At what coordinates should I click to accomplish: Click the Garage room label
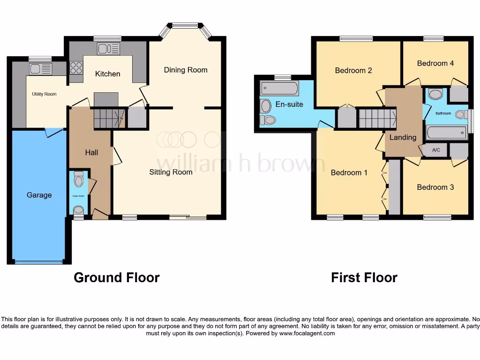pos(39,195)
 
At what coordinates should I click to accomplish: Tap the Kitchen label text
pos(108,74)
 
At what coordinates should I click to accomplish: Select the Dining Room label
pos(185,70)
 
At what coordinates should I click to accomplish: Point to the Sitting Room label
pos(171,172)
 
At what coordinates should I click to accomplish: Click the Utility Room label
pos(44,94)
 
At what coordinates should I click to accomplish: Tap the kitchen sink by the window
pos(109,48)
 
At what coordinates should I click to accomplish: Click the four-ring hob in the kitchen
pos(76,68)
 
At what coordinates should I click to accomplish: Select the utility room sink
pos(40,69)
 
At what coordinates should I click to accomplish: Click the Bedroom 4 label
pos(435,63)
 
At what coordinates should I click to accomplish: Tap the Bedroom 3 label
pos(435,187)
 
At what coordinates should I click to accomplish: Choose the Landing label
pos(403,137)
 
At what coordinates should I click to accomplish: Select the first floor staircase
pos(376,118)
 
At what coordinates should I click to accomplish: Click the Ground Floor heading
pos(117,277)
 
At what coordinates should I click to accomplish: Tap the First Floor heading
pos(364,277)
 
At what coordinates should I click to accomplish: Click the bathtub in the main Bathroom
pos(446,133)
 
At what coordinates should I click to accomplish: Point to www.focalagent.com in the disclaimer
pos(307,334)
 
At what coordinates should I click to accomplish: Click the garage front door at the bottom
pos(39,262)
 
